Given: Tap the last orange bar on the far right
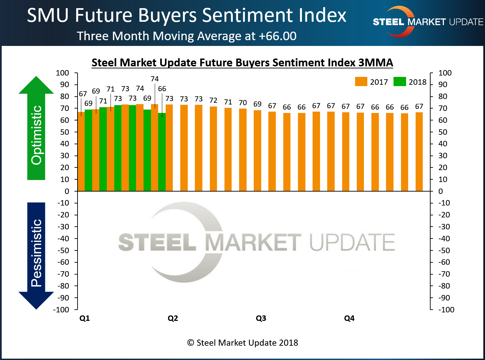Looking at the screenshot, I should coord(419,152).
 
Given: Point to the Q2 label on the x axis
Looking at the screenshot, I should coord(173,318).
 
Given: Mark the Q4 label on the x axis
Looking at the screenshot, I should coord(349,318).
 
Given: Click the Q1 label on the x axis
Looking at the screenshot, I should coord(84,318).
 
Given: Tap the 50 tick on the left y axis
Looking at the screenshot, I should coord(65,132).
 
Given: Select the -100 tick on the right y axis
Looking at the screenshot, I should coord(446,310).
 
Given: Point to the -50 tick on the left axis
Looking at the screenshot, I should coord(63,250).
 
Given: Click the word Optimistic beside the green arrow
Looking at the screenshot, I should coord(37,135).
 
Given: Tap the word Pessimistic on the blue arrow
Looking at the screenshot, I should coord(37,253).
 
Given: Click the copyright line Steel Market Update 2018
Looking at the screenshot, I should coord(242,343).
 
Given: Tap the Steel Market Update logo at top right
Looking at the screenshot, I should coord(428,22).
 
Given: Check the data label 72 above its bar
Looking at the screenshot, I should coord(213,101).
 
